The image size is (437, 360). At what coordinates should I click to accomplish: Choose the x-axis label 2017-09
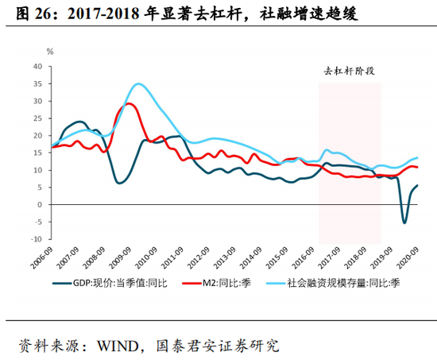coord(328,260)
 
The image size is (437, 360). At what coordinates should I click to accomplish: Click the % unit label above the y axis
coord(49,52)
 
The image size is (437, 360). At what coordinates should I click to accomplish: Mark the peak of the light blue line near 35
coord(139,83)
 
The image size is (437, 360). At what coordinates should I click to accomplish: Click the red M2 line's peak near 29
coord(130,104)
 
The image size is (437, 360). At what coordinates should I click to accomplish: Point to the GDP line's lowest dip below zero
coord(404,223)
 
